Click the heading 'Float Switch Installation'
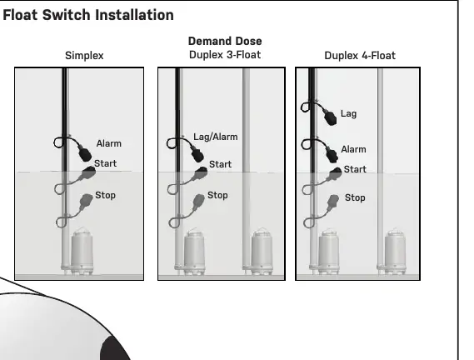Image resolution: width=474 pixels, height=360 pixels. click(x=88, y=15)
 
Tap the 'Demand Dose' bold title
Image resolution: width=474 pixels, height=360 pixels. click(x=225, y=41)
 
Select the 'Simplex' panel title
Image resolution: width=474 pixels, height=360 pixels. click(x=84, y=56)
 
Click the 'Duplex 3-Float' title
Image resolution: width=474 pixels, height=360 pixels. click(x=225, y=55)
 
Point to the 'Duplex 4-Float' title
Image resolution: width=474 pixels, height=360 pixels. click(x=360, y=56)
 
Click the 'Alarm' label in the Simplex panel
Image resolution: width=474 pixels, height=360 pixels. click(x=109, y=143)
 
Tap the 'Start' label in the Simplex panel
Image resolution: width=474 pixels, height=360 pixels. click(x=105, y=163)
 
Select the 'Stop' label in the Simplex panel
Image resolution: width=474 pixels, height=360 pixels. click(x=105, y=196)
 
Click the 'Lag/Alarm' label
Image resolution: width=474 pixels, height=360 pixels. click(x=216, y=137)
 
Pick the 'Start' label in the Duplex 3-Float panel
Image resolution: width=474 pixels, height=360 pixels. click(x=221, y=164)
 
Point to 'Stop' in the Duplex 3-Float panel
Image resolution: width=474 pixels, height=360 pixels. click(x=217, y=196)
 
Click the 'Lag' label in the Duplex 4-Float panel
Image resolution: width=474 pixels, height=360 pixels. click(x=348, y=113)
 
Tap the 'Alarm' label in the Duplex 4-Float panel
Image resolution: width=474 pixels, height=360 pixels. click(x=353, y=149)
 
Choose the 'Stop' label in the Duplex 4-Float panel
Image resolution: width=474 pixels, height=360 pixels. click(x=355, y=197)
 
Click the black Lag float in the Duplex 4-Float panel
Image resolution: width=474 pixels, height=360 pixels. click(x=331, y=117)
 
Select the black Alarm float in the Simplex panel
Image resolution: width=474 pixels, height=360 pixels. click(x=85, y=153)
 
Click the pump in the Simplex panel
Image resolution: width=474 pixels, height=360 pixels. click(x=82, y=252)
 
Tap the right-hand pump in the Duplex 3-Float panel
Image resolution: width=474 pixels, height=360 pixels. click(x=262, y=252)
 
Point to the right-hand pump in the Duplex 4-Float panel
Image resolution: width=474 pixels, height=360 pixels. click(x=395, y=252)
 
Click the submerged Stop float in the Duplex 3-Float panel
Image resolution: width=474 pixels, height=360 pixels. click(x=198, y=201)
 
